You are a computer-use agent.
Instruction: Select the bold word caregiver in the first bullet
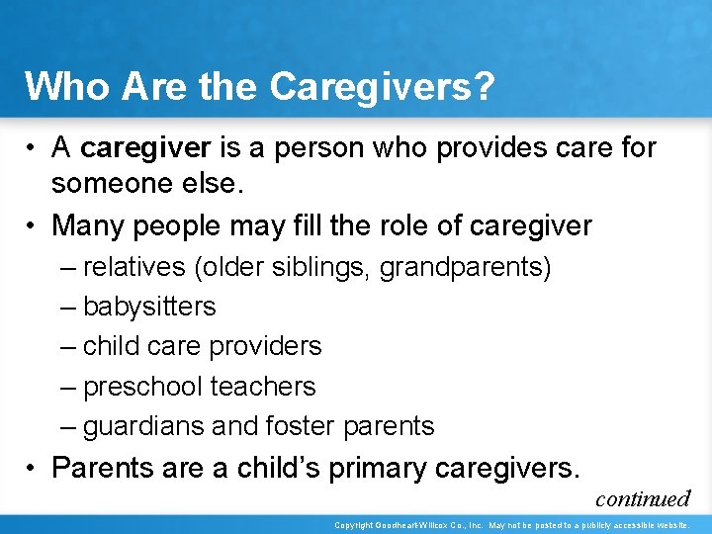[x=145, y=147]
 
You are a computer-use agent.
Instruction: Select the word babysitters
[x=149, y=307]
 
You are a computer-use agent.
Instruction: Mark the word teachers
[x=269, y=386]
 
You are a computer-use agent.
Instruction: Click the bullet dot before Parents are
[x=33, y=467]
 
